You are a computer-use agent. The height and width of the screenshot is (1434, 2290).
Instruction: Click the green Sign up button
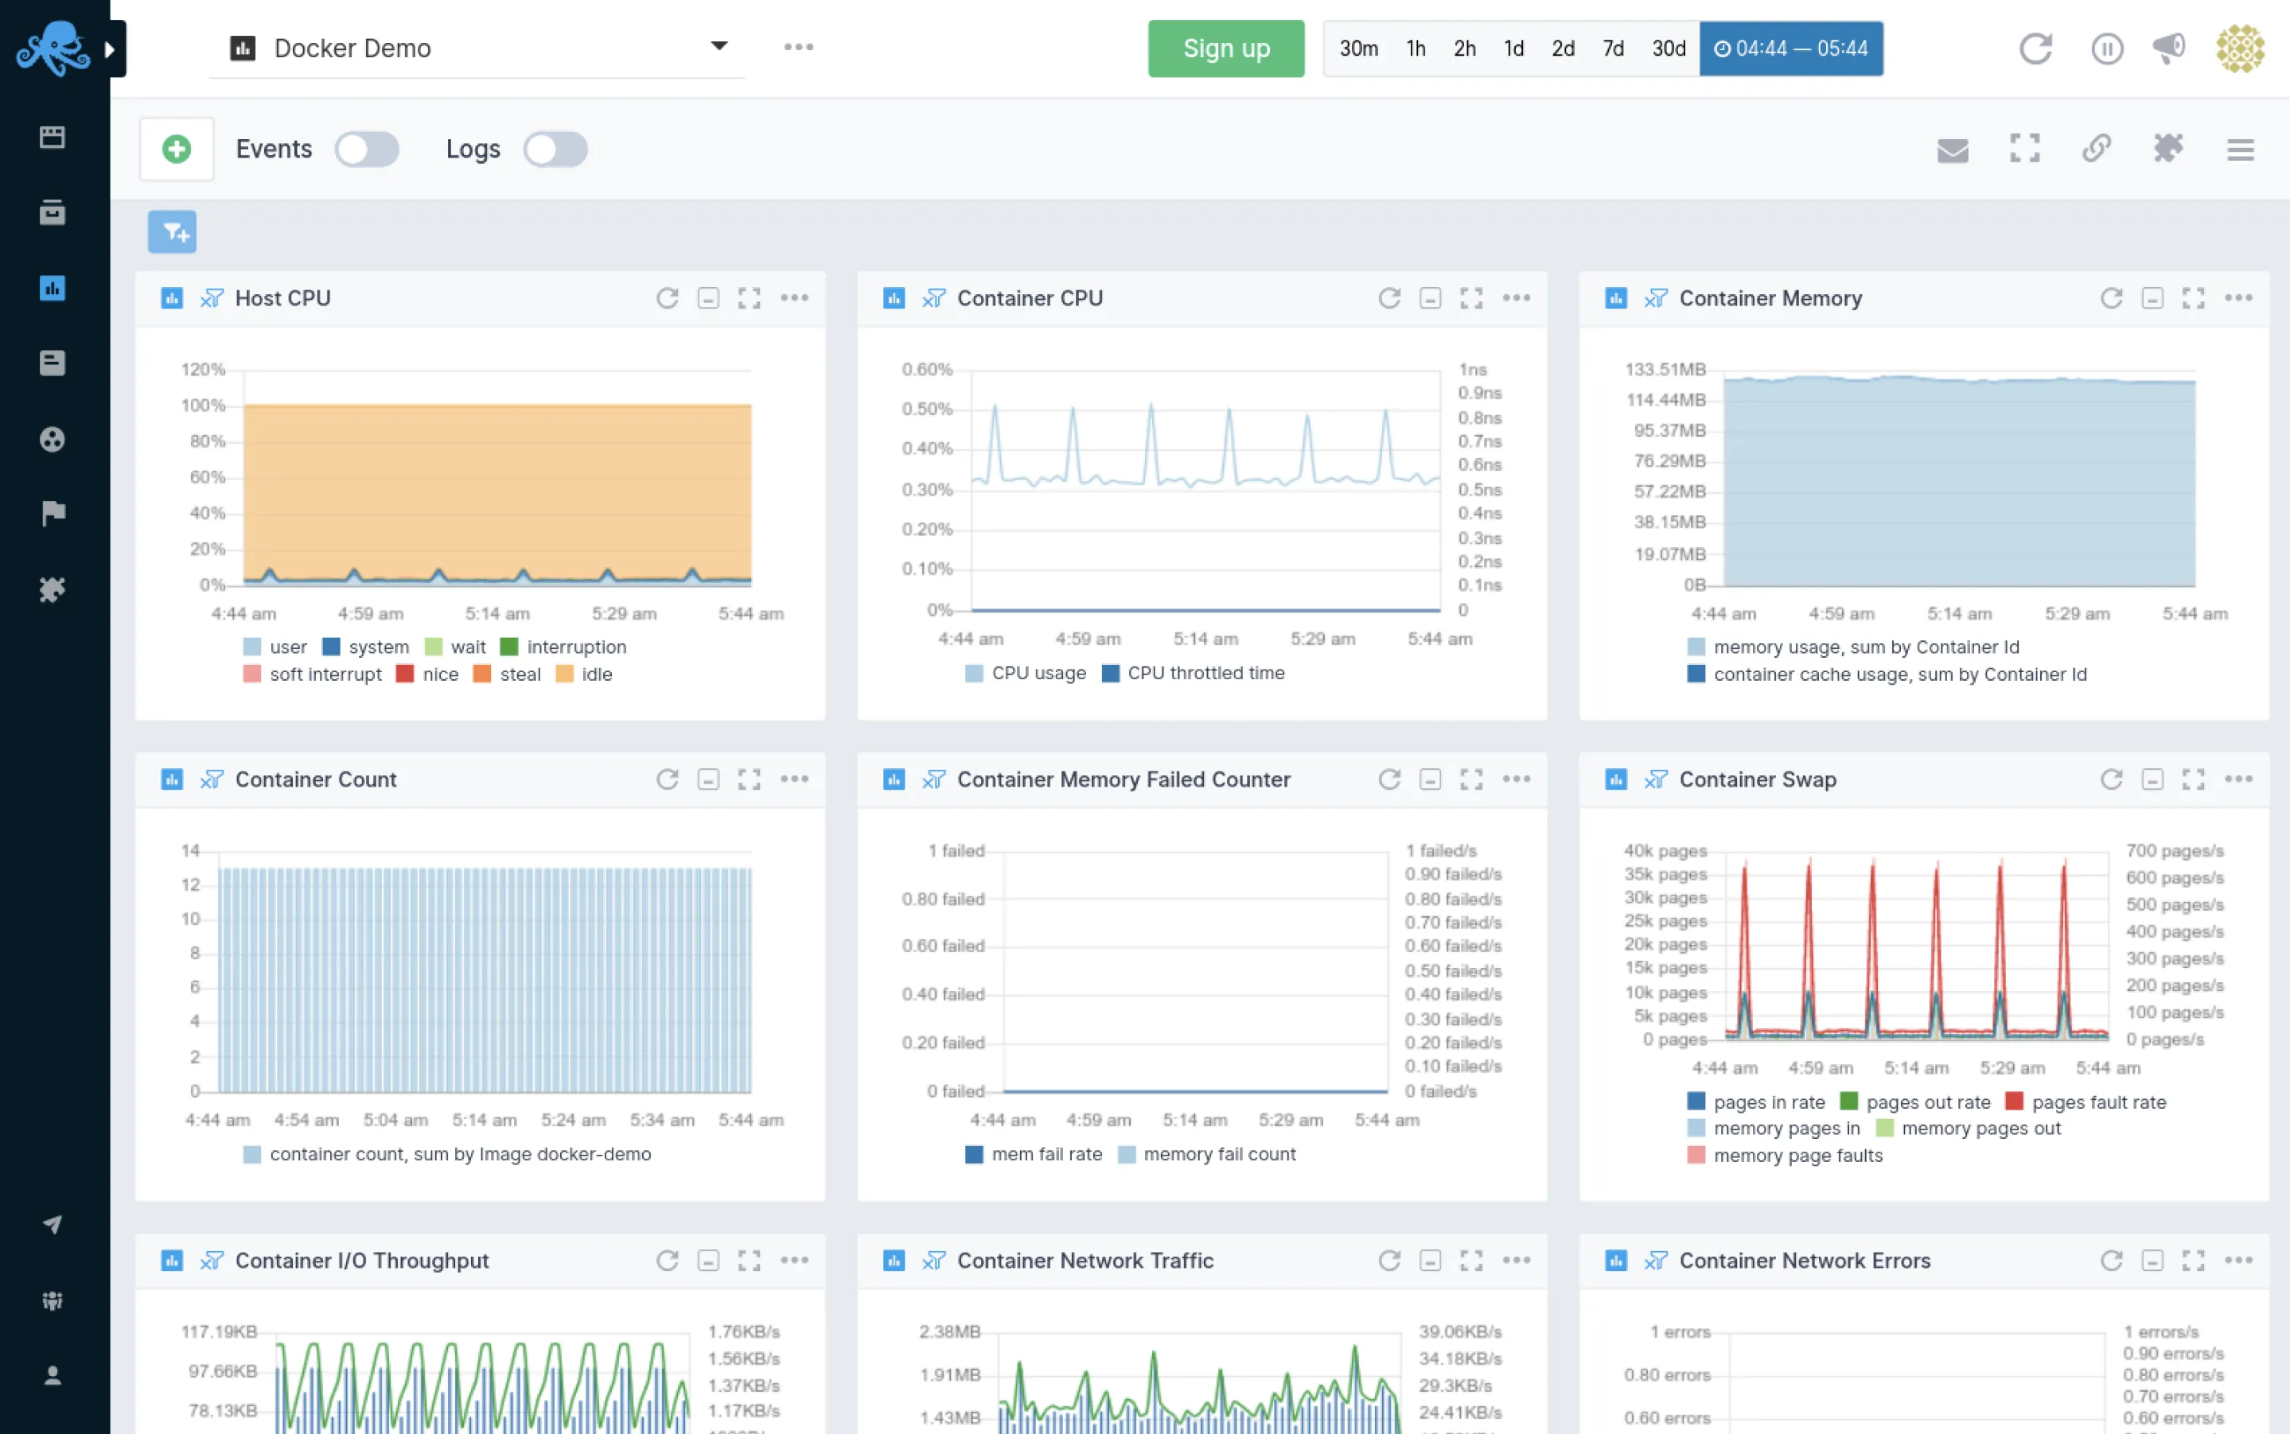point(1225,49)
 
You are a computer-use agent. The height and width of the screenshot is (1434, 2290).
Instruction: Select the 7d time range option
point(1613,49)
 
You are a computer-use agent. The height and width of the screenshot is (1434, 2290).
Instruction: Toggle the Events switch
point(367,149)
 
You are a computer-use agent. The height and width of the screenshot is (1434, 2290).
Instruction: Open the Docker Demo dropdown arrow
point(719,45)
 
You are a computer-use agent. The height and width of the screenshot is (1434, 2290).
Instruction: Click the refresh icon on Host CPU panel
point(667,297)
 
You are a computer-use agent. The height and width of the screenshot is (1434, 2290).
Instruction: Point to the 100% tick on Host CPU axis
point(203,405)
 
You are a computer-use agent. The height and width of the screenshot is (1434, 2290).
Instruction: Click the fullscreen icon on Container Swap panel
point(2192,779)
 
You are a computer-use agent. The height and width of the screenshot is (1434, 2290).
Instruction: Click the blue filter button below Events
point(172,231)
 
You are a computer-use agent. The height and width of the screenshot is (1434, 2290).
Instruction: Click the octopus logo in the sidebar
point(53,48)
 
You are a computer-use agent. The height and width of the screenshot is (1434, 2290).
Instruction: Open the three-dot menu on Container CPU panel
point(1516,297)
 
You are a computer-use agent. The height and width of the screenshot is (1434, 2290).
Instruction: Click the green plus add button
point(177,149)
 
